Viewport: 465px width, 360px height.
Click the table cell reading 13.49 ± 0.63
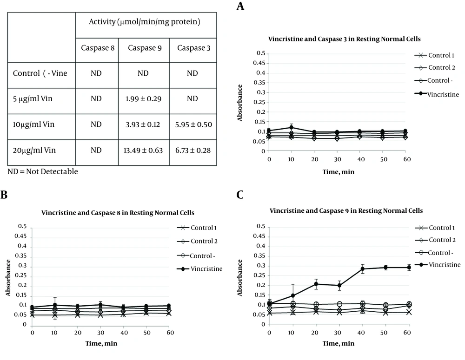pyautogui.click(x=143, y=151)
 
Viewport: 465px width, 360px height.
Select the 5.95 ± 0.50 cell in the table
pyautogui.click(x=193, y=124)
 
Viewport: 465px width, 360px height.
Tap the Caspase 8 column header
pyautogui.click(x=98, y=48)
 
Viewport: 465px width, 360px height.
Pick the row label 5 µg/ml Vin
pyautogui.click(x=33, y=98)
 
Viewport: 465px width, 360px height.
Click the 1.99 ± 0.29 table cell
pyautogui.click(x=143, y=98)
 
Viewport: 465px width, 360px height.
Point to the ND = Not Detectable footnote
pyautogui.click(x=43, y=171)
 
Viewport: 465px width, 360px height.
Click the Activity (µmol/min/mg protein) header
pyautogui.click(x=145, y=22)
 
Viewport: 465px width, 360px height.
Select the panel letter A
pyautogui.click(x=240, y=6)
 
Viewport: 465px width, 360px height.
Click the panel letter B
pyautogui.click(x=4, y=195)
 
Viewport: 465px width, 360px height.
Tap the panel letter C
pyautogui.click(x=240, y=195)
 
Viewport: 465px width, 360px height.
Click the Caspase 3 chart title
pyautogui.click(x=344, y=39)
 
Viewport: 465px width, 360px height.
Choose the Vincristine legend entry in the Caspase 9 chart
pyautogui.click(x=438, y=265)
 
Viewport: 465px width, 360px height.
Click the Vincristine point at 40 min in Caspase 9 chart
pyautogui.click(x=362, y=269)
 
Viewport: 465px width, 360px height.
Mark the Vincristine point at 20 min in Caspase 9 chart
pyautogui.click(x=316, y=284)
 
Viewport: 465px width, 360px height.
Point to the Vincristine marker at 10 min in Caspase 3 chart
pyautogui.click(x=291, y=128)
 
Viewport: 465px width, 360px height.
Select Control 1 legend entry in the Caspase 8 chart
pyautogui.click(x=197, y=228)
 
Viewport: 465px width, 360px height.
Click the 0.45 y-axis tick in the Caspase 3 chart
pyautogui.click(x=259, y=63)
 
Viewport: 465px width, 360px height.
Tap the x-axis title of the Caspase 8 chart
pyautogui.click(x=101, y=343)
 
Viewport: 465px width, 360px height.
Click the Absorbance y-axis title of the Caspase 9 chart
pyautogui.click(x=239, y=278)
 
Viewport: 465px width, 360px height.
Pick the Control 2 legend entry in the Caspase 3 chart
pyautogui.click(x=435, y=67)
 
